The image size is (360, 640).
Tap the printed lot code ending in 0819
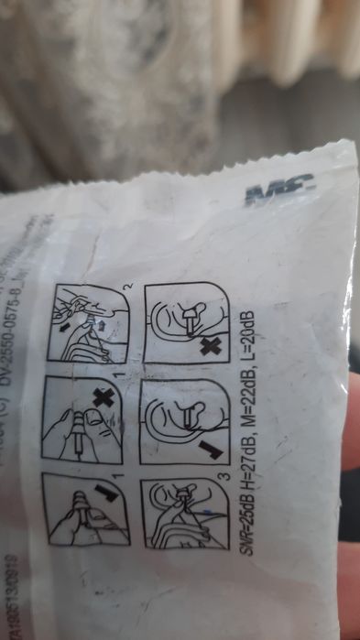14,576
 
